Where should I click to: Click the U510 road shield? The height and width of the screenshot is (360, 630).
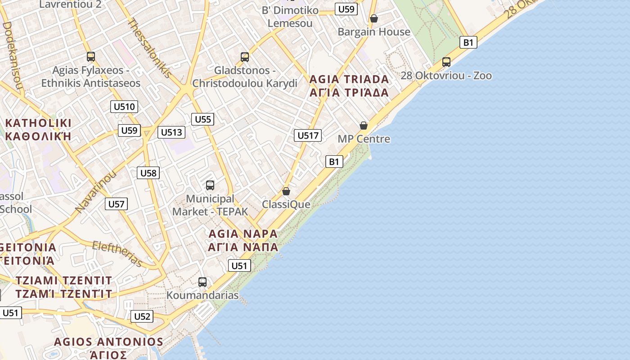pos(124,107)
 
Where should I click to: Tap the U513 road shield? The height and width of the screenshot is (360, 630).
pos(171,132)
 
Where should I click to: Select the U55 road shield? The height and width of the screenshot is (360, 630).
pos(202,119)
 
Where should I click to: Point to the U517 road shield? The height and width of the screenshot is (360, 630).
pos(308,135)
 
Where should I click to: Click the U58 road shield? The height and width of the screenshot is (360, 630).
pos(148,173)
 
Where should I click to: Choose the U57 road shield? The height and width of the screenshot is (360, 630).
pos(116,204)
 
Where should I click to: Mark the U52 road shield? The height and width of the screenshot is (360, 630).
pos(142,316)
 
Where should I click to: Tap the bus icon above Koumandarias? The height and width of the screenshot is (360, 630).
pos(202,282)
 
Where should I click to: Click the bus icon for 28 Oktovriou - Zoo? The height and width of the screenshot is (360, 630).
pos(446,62)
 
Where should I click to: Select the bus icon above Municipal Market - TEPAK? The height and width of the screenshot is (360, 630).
pos(210,185)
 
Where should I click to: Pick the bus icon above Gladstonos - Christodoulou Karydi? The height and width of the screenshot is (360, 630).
pos(245,57)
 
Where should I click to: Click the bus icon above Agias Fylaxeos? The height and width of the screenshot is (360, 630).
pos(91,57)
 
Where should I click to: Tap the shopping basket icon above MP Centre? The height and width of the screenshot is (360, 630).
pos(364,126)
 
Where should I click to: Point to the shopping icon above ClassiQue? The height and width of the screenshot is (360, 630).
pos(286,191)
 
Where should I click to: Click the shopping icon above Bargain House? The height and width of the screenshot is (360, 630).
pos(373,18)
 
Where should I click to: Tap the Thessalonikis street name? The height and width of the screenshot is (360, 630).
pos(150,47)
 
